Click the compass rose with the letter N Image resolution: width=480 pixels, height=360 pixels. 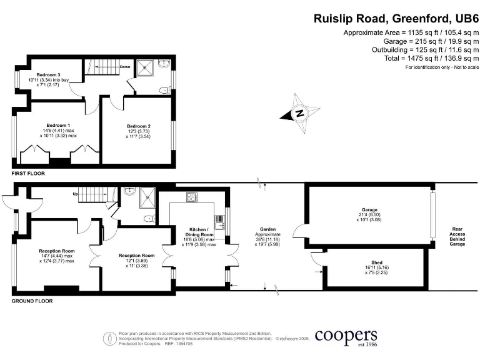pyautogui.click(x=299, y=114)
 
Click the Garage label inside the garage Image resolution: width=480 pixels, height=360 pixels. pyautogui.click(x=369, y=209)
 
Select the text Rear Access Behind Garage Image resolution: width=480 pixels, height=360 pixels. pyautogui.click(x=457, y=237)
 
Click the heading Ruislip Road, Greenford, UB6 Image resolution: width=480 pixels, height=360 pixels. pyautogui.click(x=396, y=19)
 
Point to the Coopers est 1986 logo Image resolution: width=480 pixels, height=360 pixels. pyautogui.click(x=346, y=337)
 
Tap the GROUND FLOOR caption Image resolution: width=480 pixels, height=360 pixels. pyautogui.click(x=32, y=301)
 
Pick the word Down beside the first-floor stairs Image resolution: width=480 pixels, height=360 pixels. pyautogui.click(x=125, y=66)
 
